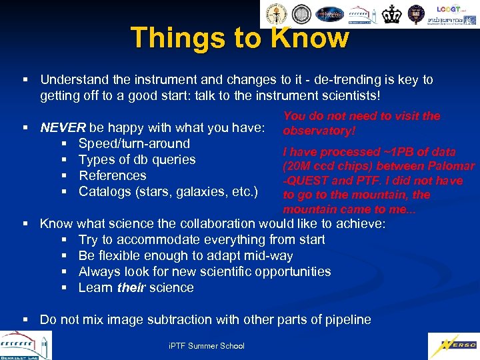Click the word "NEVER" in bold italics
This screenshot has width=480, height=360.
pos(63,127)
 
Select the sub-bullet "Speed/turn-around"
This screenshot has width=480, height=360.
pos(134,143)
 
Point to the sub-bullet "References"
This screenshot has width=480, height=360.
pos(113,175)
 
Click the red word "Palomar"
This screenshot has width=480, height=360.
pos(450,165)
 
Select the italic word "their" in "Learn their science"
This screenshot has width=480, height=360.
pos(131,287)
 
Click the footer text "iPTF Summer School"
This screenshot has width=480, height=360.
pos(207,345)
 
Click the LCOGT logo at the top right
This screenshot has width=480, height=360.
pos(449,9)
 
